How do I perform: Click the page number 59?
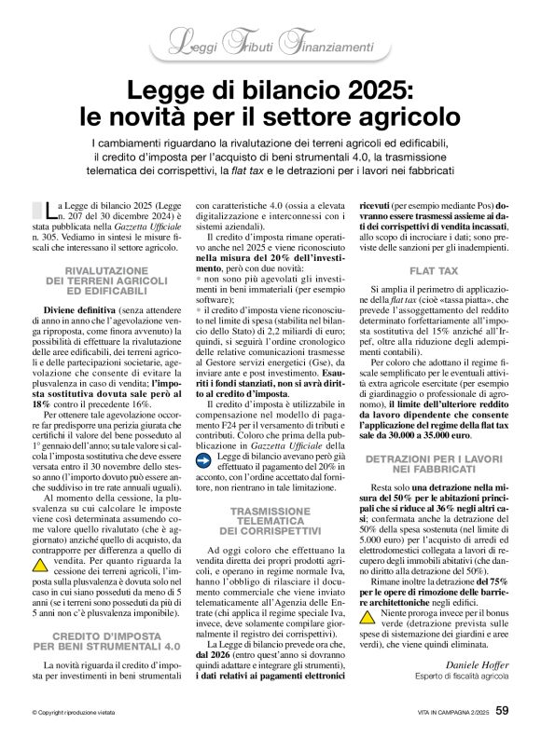click(x=501, y=713)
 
